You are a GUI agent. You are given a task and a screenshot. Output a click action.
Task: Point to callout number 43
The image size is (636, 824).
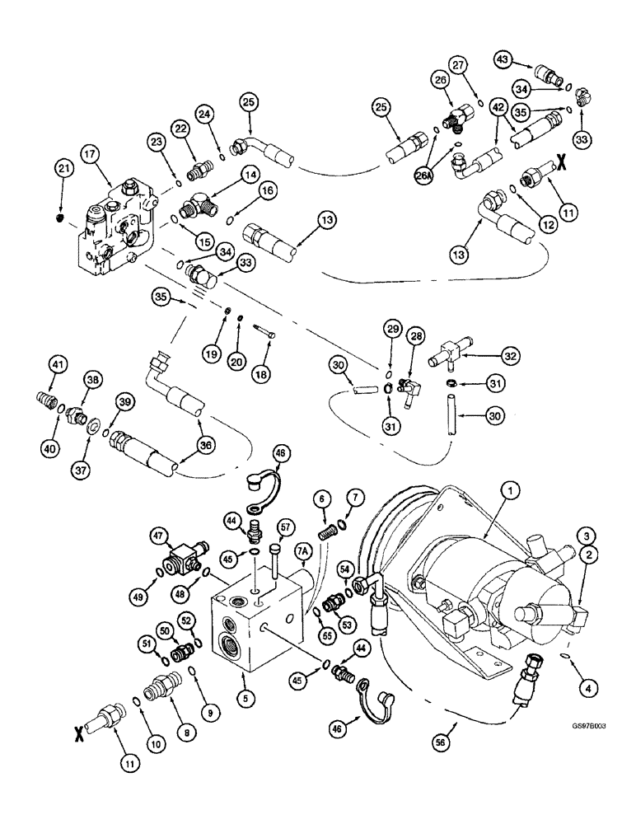coord(504,59)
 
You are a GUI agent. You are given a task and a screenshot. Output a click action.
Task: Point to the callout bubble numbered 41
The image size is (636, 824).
coord(57,363)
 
